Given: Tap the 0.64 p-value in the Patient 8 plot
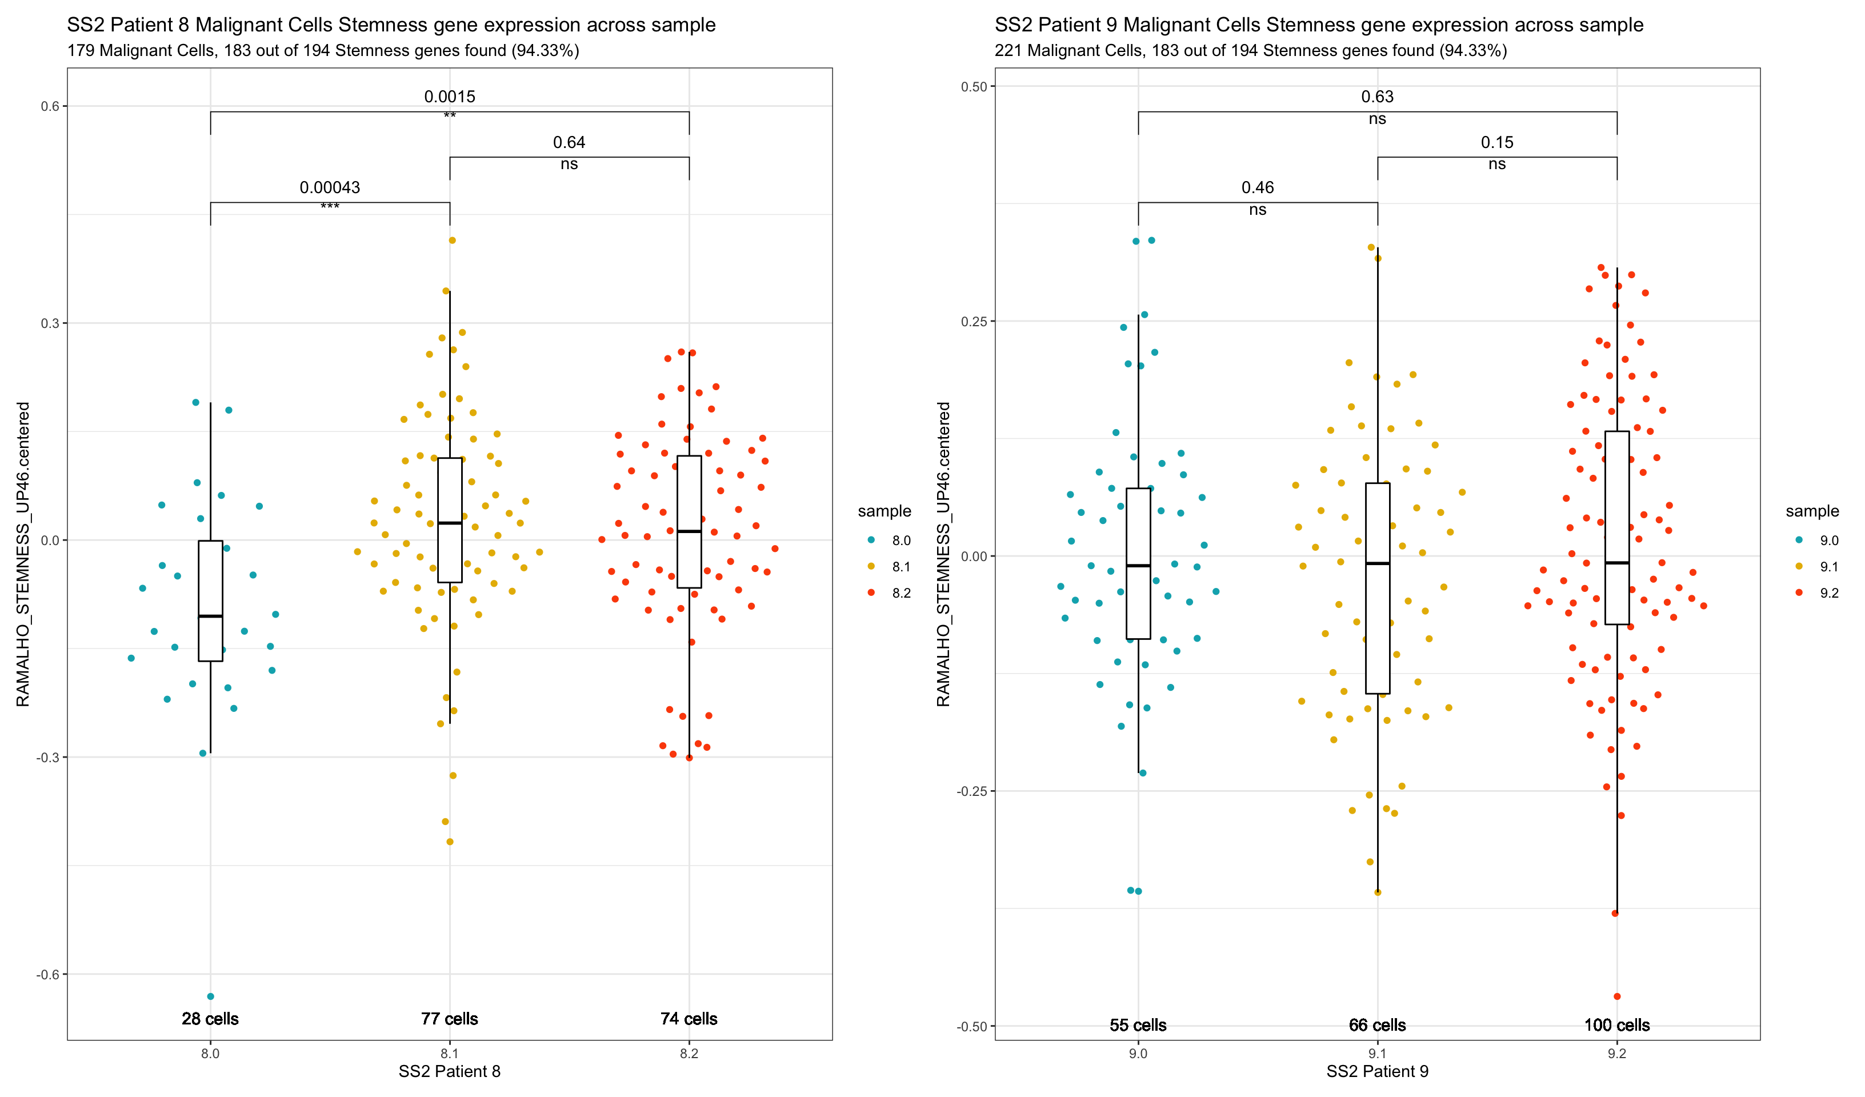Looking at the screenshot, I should (569, 142).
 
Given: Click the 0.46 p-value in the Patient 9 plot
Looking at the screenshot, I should (1258, 188).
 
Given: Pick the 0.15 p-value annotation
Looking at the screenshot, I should (1496, 142).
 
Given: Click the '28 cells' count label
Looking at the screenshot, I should (210, 1019).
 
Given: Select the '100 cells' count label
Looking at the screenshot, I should (1616, 1025).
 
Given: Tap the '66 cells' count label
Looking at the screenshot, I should (1376, 1025).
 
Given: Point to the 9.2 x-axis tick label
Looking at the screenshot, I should (1616, 1054).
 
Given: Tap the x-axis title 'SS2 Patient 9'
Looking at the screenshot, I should (1376, 1072).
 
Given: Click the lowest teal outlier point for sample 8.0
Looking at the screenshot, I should (210, 996).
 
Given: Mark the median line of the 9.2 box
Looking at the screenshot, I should (1616, 563).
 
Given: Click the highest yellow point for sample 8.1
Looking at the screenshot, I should (452, 241).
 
